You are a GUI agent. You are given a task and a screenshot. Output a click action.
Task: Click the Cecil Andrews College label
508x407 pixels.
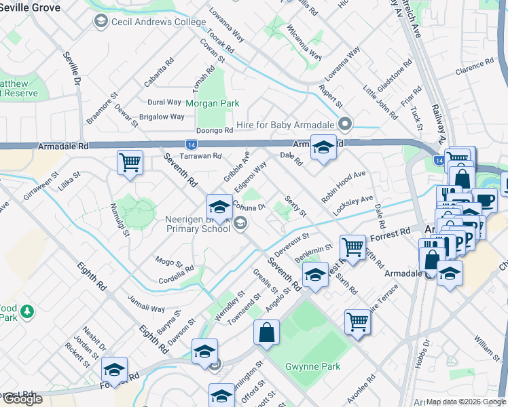click(x=158, y=22)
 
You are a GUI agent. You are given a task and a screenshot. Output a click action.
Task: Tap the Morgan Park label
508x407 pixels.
click(x=213, y=104)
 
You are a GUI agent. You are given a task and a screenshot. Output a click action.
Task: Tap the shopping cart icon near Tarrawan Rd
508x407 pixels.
click(x=130, y=163)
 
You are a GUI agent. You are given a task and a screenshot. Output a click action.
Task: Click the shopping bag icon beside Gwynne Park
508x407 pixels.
click(x=267, y=333)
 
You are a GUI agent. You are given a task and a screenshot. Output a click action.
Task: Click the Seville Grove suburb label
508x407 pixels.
click(x=30, y=7)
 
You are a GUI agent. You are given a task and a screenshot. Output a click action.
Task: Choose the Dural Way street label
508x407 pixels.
click(x=164, y=102)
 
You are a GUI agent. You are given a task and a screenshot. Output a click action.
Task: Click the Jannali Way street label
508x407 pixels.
click(x=146, y=304)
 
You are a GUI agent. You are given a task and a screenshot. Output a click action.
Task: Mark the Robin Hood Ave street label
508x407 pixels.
click(x=344, y=187)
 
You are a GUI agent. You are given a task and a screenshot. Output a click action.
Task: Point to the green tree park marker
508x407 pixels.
click(x=26, y=311)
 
